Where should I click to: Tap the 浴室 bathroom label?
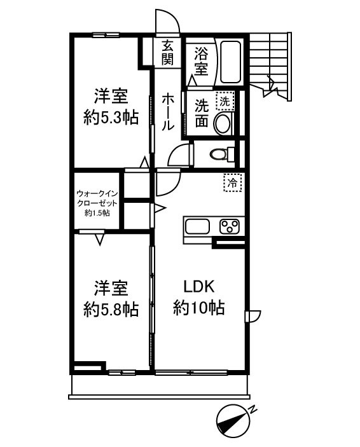[x=200, y=61]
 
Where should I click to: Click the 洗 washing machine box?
[x=225, y=100]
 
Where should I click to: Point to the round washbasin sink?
[x=223, y=123]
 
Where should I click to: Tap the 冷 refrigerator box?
[x=233, y=183]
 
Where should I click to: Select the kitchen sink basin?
[x=199, y=226]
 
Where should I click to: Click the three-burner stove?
[x=228, y=226]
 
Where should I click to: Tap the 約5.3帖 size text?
[x=111, y=118]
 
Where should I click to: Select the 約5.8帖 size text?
[x=111, y=310]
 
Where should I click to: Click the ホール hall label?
[x=168, y=112]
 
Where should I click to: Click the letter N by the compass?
[x=253, y=409]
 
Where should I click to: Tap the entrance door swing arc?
[x=169, y=21]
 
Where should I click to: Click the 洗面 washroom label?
[x=201, y=113]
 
